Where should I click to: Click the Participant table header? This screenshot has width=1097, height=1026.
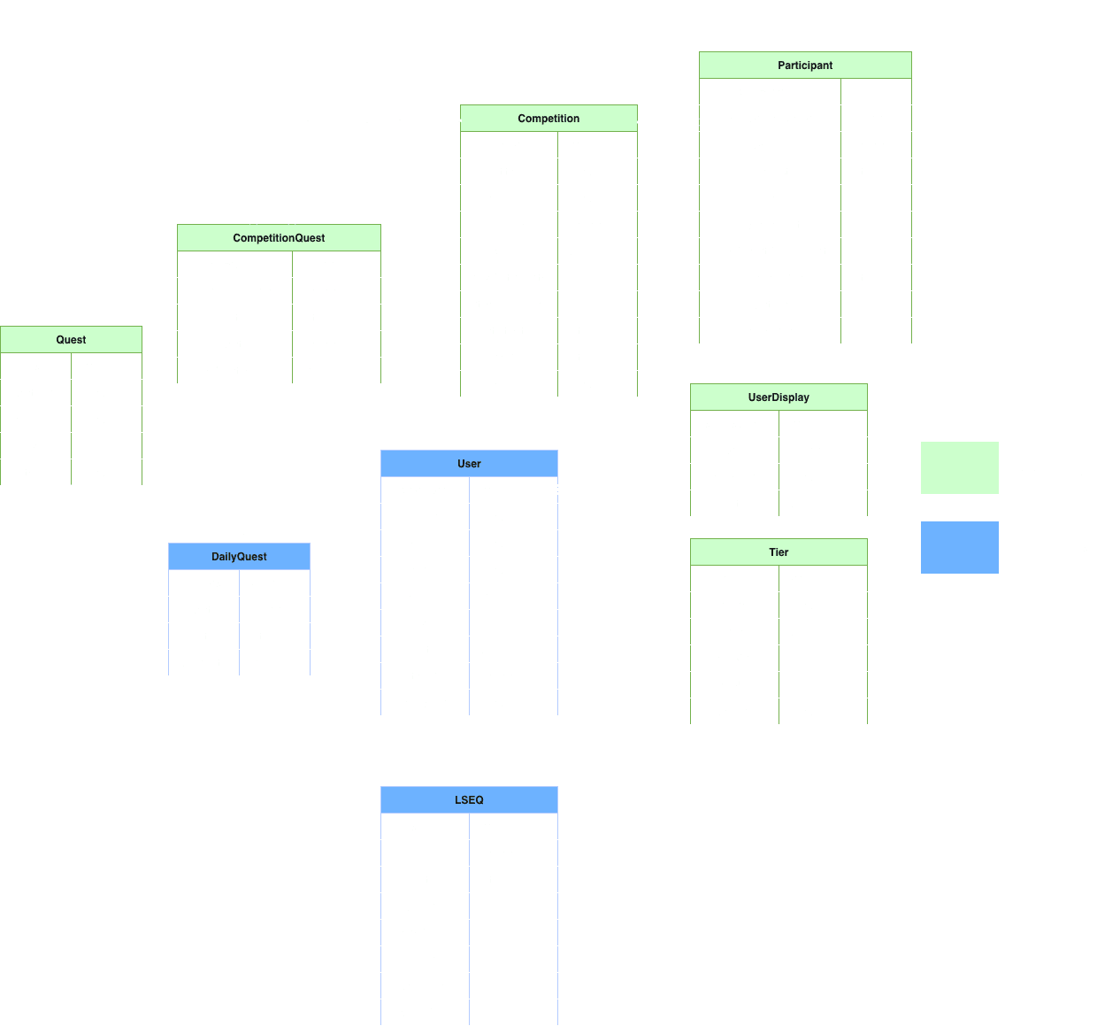click(805, 66)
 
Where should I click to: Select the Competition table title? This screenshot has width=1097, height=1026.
click(548, 119)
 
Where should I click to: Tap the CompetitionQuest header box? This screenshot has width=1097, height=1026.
click(279, 238)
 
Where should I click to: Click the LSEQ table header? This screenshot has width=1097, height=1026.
click(469, 800)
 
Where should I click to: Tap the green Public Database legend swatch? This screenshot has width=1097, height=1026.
click(960, 468)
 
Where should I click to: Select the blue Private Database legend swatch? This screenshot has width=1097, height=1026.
click(960, 548)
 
